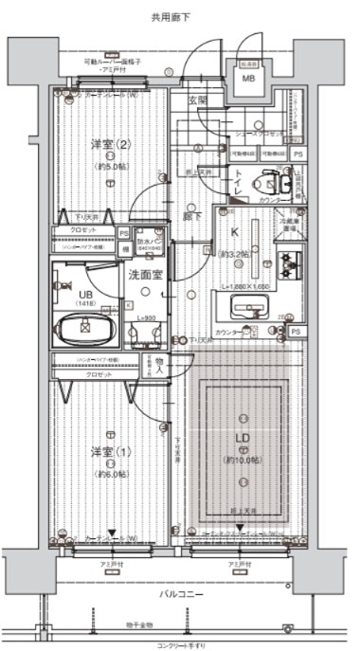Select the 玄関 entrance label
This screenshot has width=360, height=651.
tap(195, 100)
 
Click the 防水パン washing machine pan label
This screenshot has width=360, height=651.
tap(148, 243)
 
